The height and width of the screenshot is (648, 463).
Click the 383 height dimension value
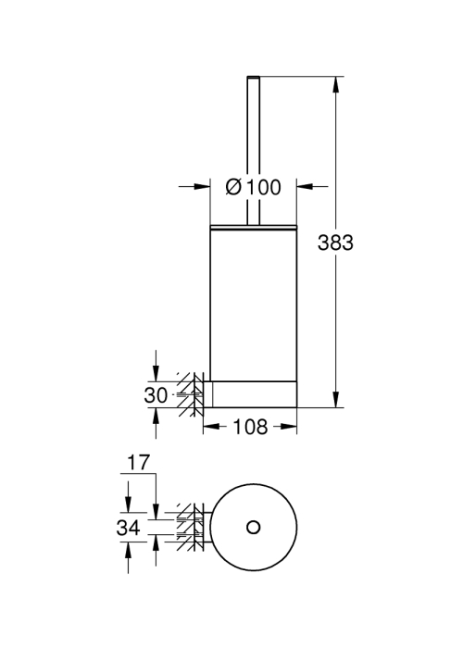(335, 243)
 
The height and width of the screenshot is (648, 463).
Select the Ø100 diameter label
(253, 187)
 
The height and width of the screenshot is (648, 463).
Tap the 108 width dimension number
(250, 427)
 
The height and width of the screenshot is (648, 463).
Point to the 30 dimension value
(156, 395)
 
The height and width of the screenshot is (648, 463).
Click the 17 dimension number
(138, 463)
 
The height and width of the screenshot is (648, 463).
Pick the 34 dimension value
(128, 528)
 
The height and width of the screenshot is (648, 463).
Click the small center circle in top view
(253, 528)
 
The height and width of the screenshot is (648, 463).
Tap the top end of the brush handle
(253, 77)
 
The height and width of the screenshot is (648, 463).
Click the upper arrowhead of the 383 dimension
(336, 85)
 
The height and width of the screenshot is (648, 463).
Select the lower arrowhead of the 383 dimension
(336, 399)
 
